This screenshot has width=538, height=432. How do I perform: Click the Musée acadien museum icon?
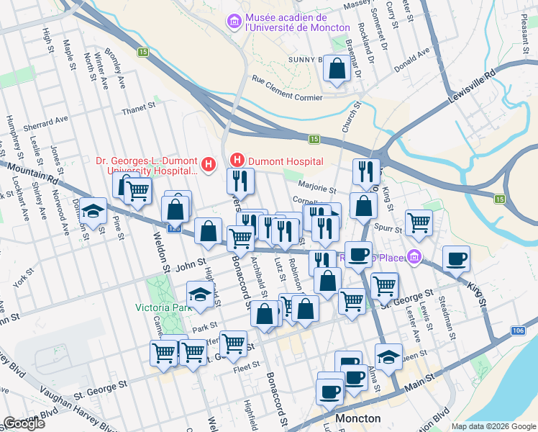pos(234,22)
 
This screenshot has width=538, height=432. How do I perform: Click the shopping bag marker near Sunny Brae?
pos(337,69)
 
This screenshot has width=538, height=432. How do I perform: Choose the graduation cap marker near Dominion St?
pos(92,211)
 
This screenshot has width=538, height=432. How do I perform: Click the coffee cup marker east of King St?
pos(455,258)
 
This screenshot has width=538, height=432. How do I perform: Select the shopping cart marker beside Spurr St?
pos(419,222)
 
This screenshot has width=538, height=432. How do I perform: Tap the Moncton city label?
pos(357,418)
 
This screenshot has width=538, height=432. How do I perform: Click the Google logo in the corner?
pos(24,423)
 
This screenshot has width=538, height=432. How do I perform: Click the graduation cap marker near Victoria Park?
pos(200,294)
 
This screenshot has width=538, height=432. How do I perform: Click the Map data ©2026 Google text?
pos(493,426)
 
